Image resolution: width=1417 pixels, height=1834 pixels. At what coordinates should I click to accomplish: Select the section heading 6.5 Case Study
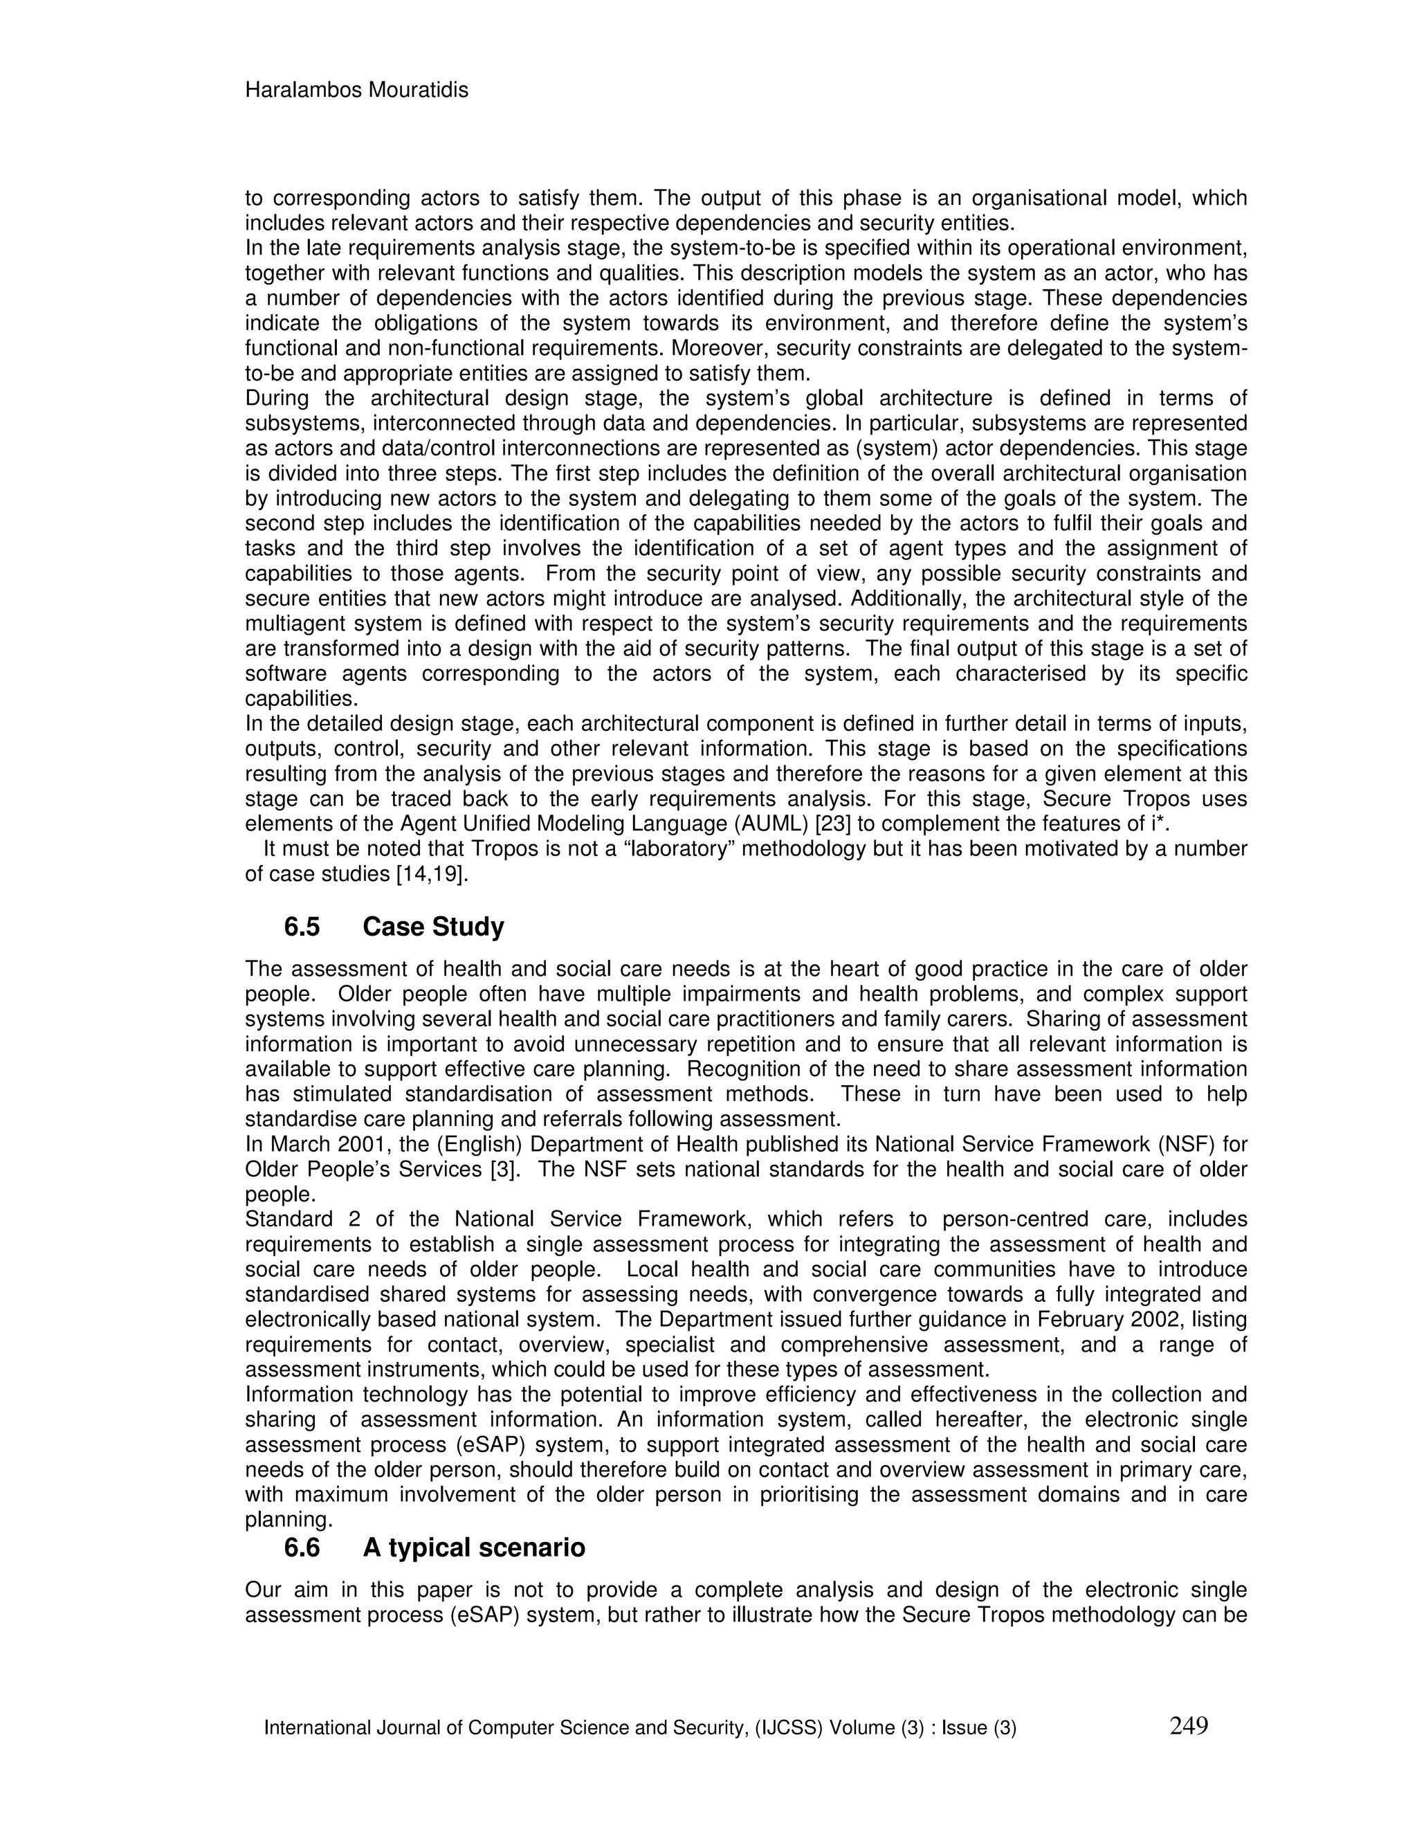coord(394,927)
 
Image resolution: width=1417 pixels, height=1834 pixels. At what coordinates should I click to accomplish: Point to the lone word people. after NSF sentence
coord(275,1195)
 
